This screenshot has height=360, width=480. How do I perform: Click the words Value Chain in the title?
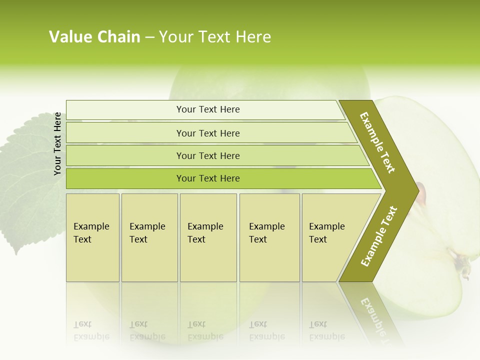[94, 37]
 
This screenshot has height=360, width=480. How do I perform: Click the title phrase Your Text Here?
[215, 37]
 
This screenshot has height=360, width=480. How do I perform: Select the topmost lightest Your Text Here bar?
[208, 109]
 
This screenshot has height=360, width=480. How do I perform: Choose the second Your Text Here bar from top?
[208, 133]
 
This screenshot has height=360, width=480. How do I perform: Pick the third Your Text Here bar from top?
[208, 155]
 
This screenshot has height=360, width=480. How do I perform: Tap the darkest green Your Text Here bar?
[208, 178]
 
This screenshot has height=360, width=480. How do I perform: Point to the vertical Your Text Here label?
[57, 143]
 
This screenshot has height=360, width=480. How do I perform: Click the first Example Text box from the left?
[92, 237]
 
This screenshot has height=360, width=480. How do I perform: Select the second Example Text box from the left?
[149, 237]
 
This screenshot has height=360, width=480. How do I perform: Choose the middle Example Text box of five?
[208, 237]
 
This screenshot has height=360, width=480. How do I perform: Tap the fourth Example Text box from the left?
[269, 237]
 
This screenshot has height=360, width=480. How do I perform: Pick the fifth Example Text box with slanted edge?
[330, 237]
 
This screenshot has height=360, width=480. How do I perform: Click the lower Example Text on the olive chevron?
[379, 236]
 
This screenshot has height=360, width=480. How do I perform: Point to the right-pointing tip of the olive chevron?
[417, 190]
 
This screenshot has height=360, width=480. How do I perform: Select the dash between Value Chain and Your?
[149, 37]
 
